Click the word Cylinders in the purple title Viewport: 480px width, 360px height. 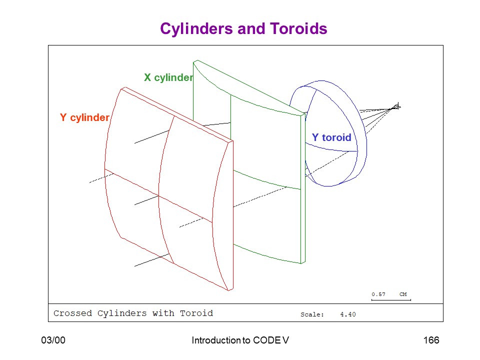pos(196,29)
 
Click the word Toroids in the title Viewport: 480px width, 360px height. pos(298,28)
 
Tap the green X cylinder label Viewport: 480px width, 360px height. pos(168,77)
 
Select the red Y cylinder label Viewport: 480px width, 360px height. pos(85,117)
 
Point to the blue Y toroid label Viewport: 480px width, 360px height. pos(331,137)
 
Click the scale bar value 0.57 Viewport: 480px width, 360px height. pos(378,294)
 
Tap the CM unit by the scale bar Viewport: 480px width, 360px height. pos(403,294)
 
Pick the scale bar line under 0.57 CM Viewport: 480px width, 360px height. pos(391,300)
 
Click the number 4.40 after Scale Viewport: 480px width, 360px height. pos(348,314)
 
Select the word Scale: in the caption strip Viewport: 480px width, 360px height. pos(312,314)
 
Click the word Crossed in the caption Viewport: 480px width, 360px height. pos(72,313)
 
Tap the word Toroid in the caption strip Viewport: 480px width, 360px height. pos(196,313)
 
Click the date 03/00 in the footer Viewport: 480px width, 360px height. pos(53,340)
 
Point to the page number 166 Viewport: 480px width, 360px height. pos(431,340)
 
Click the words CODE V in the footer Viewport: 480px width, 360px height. pos(271,340)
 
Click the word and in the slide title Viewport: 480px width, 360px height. pos(251,28)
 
